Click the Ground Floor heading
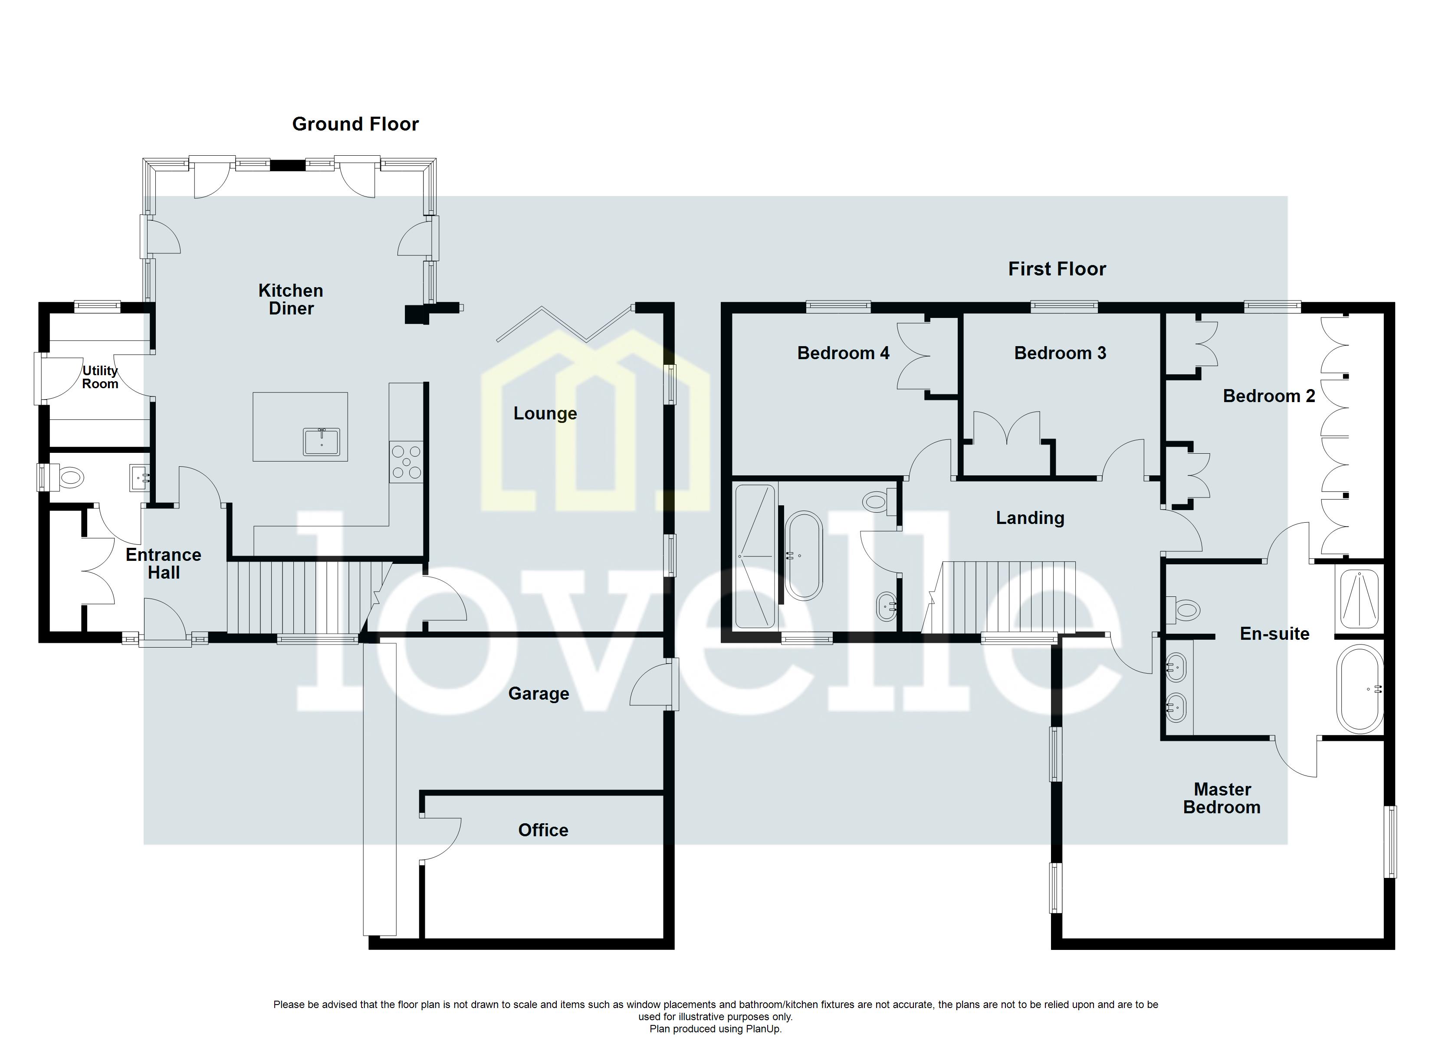[x=355, y=124]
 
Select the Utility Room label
[x=100, y=377]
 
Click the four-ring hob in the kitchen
[x=406, y=462]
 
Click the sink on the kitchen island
[x=322, y=441]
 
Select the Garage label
[x=538, y=694]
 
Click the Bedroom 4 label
[x=842, y=353]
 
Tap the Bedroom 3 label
[x=1060, y=353]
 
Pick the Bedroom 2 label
[x=1268, y=396]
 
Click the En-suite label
[x=1274, y=633]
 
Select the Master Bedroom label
[x=1221, y=798]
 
